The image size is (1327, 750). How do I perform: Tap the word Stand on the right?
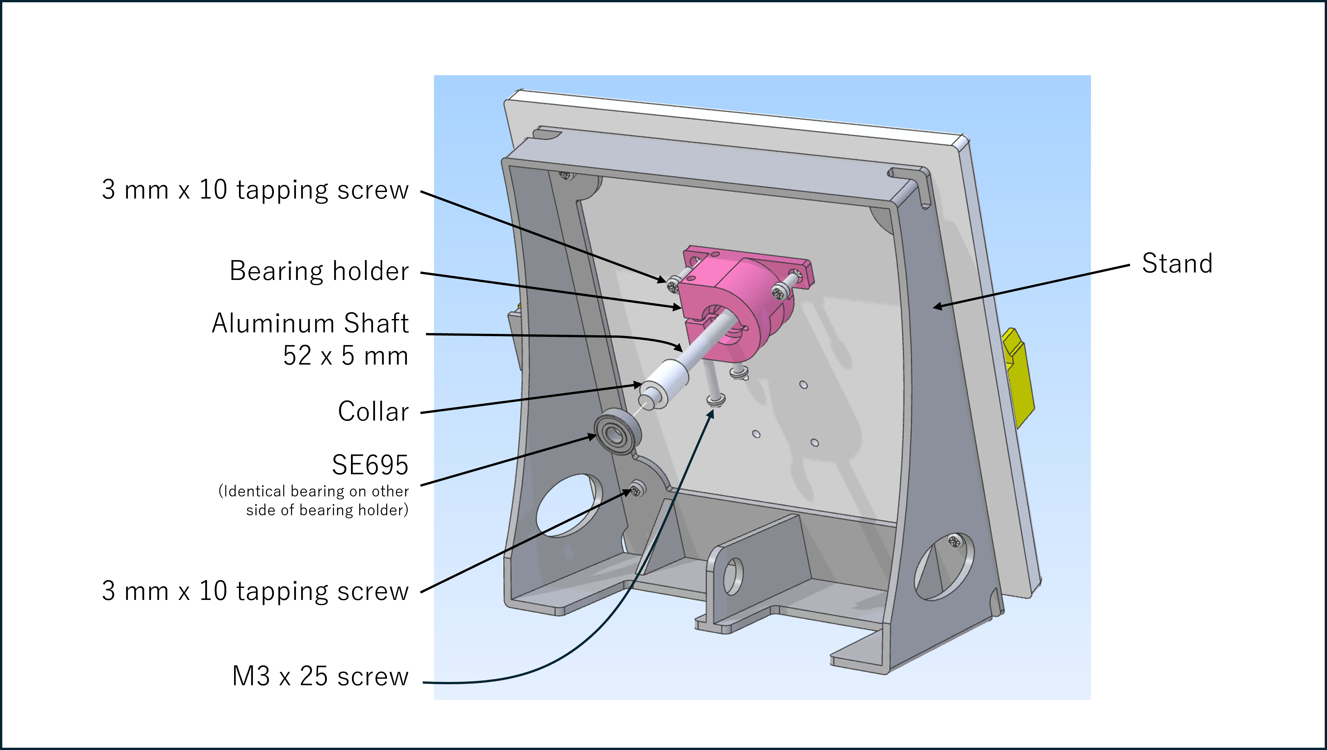coord(1177,264)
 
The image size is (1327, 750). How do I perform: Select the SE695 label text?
coord(370,465)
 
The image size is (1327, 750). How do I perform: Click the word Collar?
coord(373,411)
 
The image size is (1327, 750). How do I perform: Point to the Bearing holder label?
coord(319,271)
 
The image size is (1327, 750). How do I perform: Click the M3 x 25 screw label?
coord(320,676)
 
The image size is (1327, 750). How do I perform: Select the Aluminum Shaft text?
coord(310,324)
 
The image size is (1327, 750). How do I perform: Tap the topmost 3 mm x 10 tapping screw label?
coord(255,190)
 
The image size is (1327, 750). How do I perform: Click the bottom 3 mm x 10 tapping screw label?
coord(255,591)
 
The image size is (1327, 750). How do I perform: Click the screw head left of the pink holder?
coord(672,285)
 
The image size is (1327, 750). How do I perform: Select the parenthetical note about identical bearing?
coord(314,501)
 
